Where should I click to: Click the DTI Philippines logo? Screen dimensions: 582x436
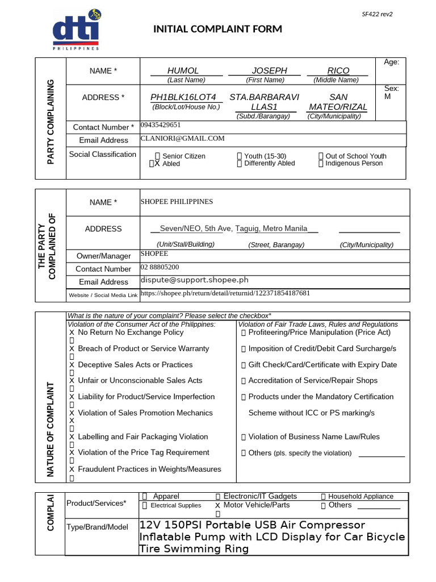click(76, 32)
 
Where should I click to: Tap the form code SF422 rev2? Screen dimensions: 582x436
click(378, 14)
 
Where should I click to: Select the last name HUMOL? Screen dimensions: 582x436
click(183, 70)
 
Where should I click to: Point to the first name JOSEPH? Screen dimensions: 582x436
click(269, 70)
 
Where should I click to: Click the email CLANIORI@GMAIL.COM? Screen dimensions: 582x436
click(183, 138)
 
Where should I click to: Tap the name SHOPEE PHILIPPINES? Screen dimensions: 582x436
click(177, 202)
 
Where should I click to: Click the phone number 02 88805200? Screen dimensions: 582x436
click(160, 267)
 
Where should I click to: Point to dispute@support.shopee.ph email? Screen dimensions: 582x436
click(194, 280)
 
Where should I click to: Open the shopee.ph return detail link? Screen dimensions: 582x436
click(225, 293)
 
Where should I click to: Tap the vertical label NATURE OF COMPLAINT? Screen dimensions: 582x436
click(50, 429)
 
